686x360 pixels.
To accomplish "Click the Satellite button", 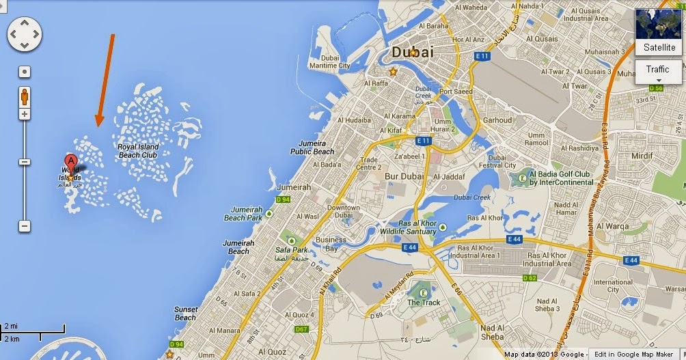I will click(659, 47).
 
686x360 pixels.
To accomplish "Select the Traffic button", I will click(657, 70).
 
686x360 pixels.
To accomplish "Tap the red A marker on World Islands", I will click(71, 163).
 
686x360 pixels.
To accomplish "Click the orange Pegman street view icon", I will click(25, 96).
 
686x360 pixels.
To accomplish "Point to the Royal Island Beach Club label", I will click(138, 151).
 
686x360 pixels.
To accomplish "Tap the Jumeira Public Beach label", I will click(312, 147).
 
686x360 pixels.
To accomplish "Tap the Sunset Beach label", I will click(186, 314).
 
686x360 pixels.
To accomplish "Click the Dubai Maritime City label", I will click(329, 61).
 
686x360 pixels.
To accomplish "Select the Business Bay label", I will click(331, 244).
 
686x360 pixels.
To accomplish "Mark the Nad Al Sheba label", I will click(492, 332).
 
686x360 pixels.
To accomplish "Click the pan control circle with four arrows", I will click(25, 33).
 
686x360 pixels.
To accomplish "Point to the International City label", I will click(613, 286).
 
